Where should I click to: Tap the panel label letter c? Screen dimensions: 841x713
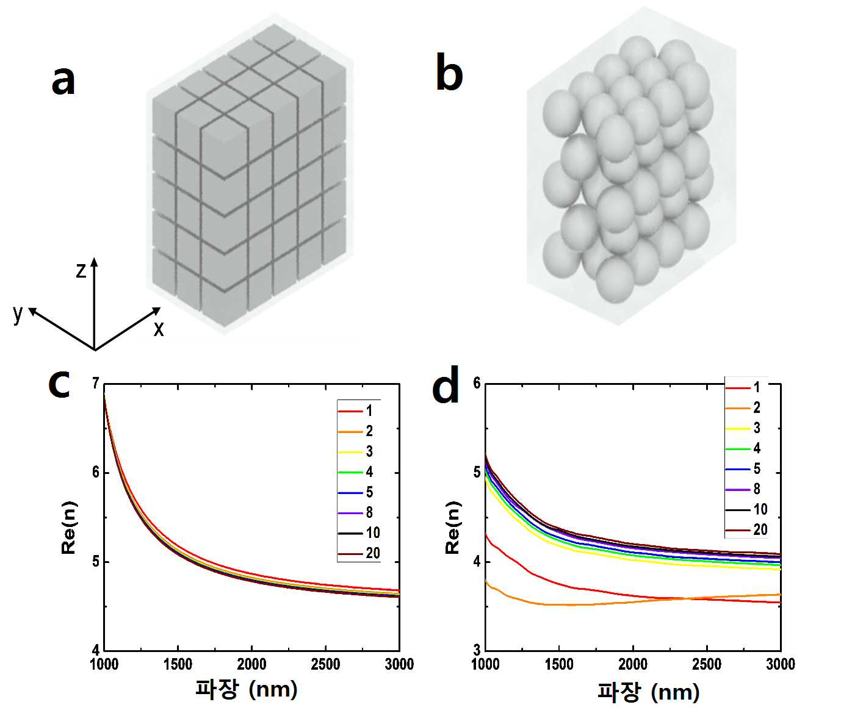pos(59,384)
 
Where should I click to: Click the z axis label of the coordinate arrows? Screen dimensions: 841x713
pos(81,270)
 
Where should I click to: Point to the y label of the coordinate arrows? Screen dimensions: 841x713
pos(18,314)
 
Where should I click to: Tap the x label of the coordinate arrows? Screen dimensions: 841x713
pos(159,329)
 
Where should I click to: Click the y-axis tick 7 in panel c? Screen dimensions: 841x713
pos(96,383)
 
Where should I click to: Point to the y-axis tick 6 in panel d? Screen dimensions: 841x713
pos(477,383)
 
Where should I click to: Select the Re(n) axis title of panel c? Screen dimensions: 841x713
pos(68,528)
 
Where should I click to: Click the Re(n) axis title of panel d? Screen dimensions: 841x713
pos(452,528)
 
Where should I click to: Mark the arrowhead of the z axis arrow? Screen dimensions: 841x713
pos(95,261)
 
